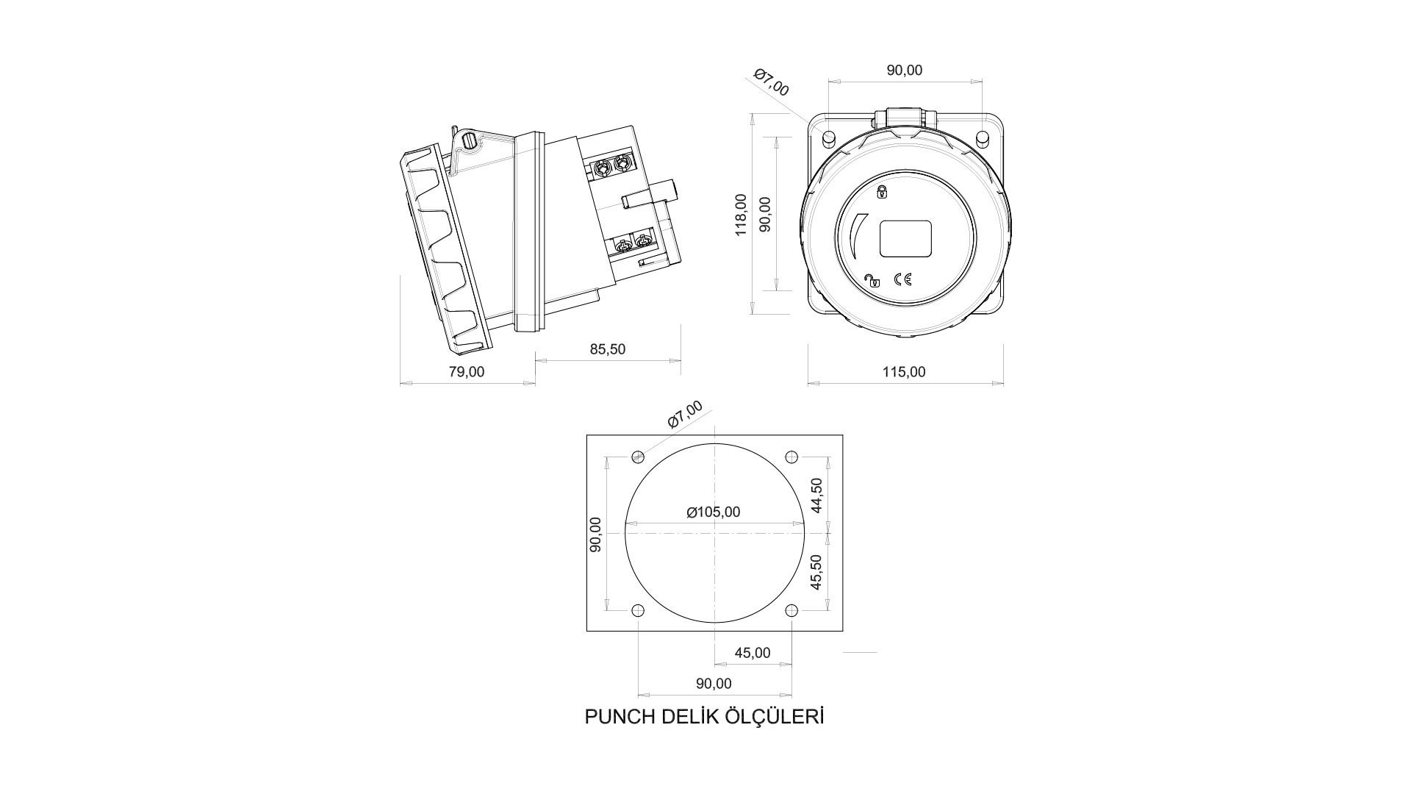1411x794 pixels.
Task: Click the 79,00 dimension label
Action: [x=467, y=372]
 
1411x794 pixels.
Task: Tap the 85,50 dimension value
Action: [x=608, y=349]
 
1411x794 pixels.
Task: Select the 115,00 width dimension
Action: [x=904, y=372]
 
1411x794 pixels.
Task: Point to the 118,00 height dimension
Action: [x=742, y=215]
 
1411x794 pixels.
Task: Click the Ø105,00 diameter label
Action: [x=714, y=512]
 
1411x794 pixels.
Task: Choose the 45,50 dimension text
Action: [x=816, y=572]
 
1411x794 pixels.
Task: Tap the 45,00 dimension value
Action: [x=753, y=653]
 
